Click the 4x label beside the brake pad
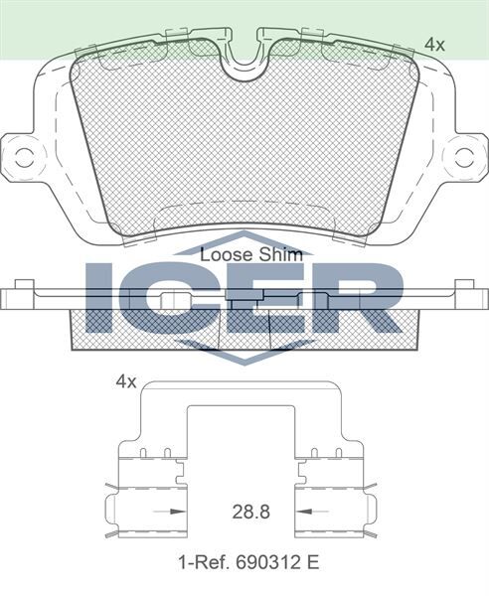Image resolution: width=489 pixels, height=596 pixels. (x=433, y=44)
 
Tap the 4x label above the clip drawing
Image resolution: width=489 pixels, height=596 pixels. (x=124, y=380)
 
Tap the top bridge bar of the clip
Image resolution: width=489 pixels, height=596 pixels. (x=244, y=389)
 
